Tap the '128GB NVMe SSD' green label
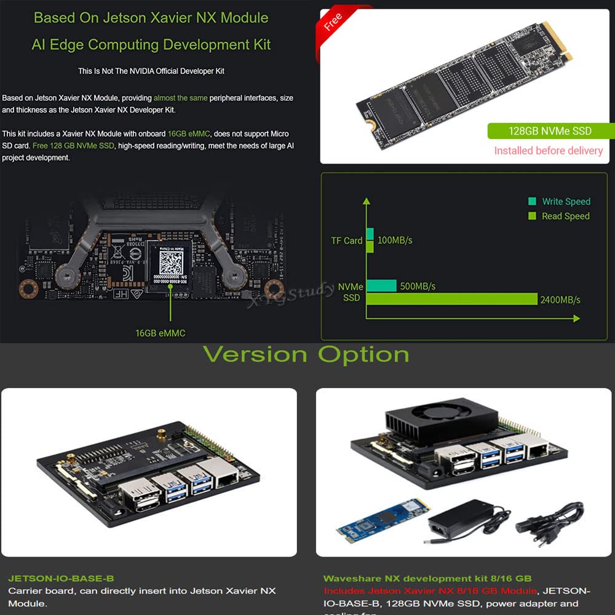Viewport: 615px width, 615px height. tap(550, 131)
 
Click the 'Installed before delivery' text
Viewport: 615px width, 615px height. tap(549, 151)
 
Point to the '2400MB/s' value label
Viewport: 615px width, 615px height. tap(560, 300)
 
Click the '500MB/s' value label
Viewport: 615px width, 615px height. tap(418, 287)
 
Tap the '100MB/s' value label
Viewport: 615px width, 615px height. tap(395, 240)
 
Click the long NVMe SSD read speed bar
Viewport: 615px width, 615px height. tap(452, 299)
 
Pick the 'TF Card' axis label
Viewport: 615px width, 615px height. tap(347, 240)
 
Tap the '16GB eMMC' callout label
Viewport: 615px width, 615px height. tap(160, 333)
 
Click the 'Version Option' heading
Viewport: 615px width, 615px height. tap(306, 355)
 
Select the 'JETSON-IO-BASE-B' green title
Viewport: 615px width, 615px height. tap(61, 579)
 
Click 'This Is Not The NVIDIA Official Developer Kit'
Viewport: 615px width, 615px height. tap(151, 71)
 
